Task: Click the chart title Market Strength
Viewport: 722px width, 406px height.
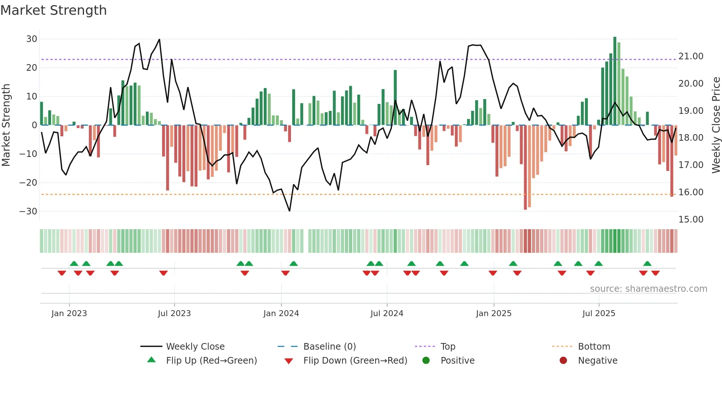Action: tap(53, 10)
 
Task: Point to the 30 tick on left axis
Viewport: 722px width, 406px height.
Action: tap(32, 39)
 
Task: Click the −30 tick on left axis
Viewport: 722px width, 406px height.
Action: tap(28, 211)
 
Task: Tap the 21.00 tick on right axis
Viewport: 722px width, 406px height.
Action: tap(691, 56)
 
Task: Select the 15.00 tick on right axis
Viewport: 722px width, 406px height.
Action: tap(691, 220)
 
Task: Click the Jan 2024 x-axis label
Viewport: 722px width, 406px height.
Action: tap(281, 314)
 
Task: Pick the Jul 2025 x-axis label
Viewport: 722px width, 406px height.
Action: tap(599, 314)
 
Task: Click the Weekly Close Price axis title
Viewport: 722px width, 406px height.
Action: tap(716, 125)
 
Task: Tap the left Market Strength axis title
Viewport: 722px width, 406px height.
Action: tap(6, 125)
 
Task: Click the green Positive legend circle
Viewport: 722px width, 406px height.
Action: tap(426, 361)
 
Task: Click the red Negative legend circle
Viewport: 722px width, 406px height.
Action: tap(563, 361)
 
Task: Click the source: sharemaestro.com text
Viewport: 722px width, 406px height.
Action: tap(648, 289)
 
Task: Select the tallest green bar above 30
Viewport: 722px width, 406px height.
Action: tap(615, 81)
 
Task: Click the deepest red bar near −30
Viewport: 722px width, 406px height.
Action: tap(525, 168)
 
